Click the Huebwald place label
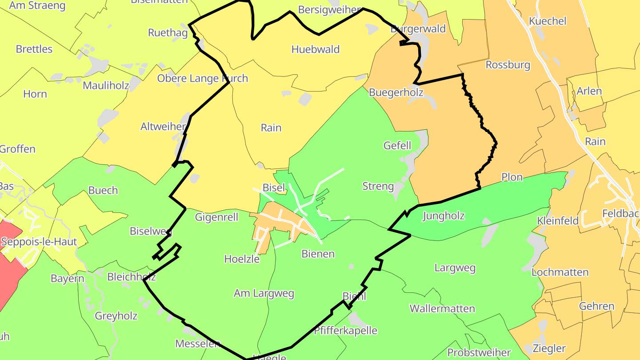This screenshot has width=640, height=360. [316, 49]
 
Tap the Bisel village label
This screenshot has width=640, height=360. [274, 188]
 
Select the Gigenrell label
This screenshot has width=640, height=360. [216, 217]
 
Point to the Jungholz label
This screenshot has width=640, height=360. [444, 216]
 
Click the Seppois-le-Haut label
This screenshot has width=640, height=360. [39, 242]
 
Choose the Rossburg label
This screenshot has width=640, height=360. [508, 65]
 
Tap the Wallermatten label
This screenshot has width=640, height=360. [442, 308]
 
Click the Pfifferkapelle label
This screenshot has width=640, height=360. [345, 331]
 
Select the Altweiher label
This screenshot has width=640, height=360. [163, 127]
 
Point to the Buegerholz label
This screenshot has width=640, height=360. [396, 92]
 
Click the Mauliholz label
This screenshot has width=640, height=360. [106, 85]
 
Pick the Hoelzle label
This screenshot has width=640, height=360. [242, 259]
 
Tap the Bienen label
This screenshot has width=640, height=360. [318, 254]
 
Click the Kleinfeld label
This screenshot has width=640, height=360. [558, 221]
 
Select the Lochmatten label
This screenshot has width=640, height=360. [560, 272]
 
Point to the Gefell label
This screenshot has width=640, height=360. [397, 145]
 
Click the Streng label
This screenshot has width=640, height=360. [378, 186]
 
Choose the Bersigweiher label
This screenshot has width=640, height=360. [330, 10]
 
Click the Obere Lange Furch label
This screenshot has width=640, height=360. [203, 79]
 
